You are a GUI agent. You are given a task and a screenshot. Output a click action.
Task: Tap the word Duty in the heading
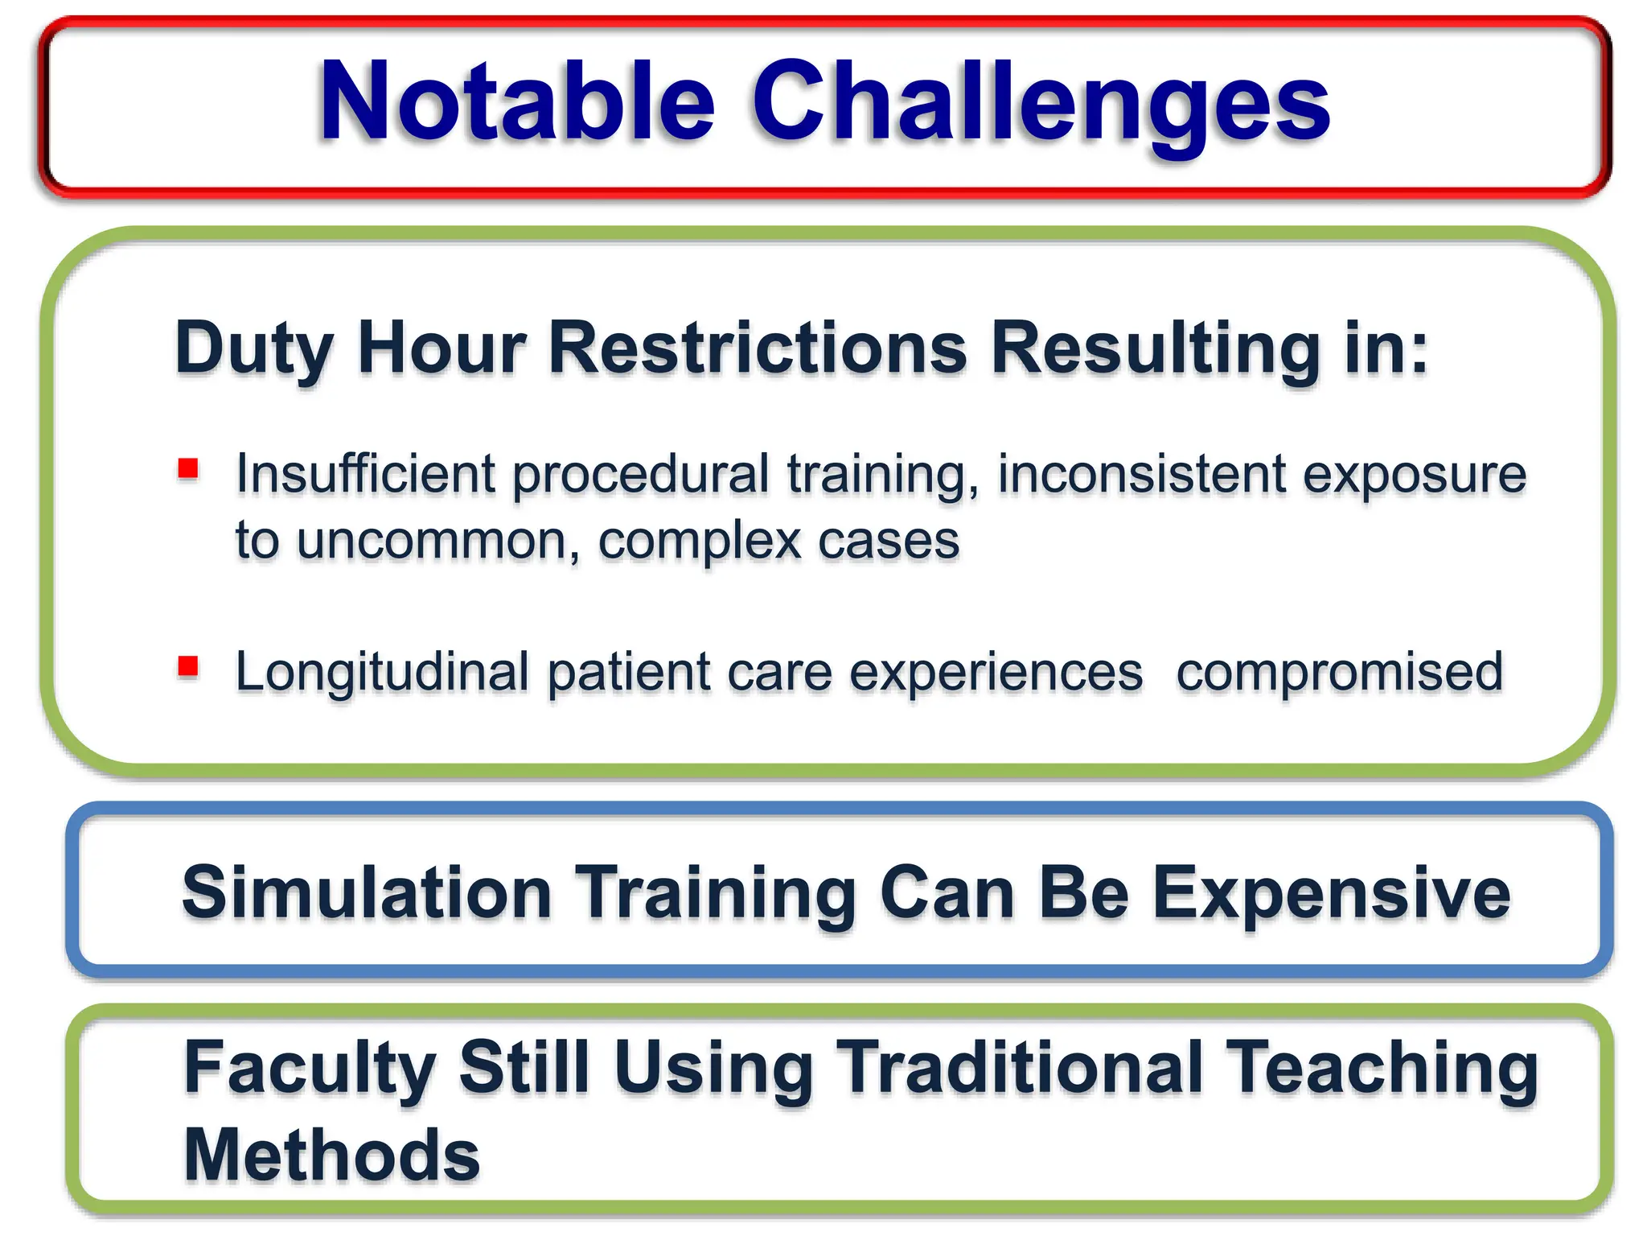254,348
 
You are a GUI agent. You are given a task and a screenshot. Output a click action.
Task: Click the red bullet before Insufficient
188,468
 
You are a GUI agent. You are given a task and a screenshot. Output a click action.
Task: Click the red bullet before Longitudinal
188,666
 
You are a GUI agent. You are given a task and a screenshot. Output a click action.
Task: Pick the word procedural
641,475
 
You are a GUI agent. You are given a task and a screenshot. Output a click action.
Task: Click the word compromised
1339,673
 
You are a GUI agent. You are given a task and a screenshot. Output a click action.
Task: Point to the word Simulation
367,892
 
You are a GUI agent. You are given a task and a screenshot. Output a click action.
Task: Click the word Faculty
310,1069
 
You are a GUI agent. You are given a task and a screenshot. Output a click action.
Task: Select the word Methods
331,1155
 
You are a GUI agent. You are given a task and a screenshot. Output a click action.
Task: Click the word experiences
996,673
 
